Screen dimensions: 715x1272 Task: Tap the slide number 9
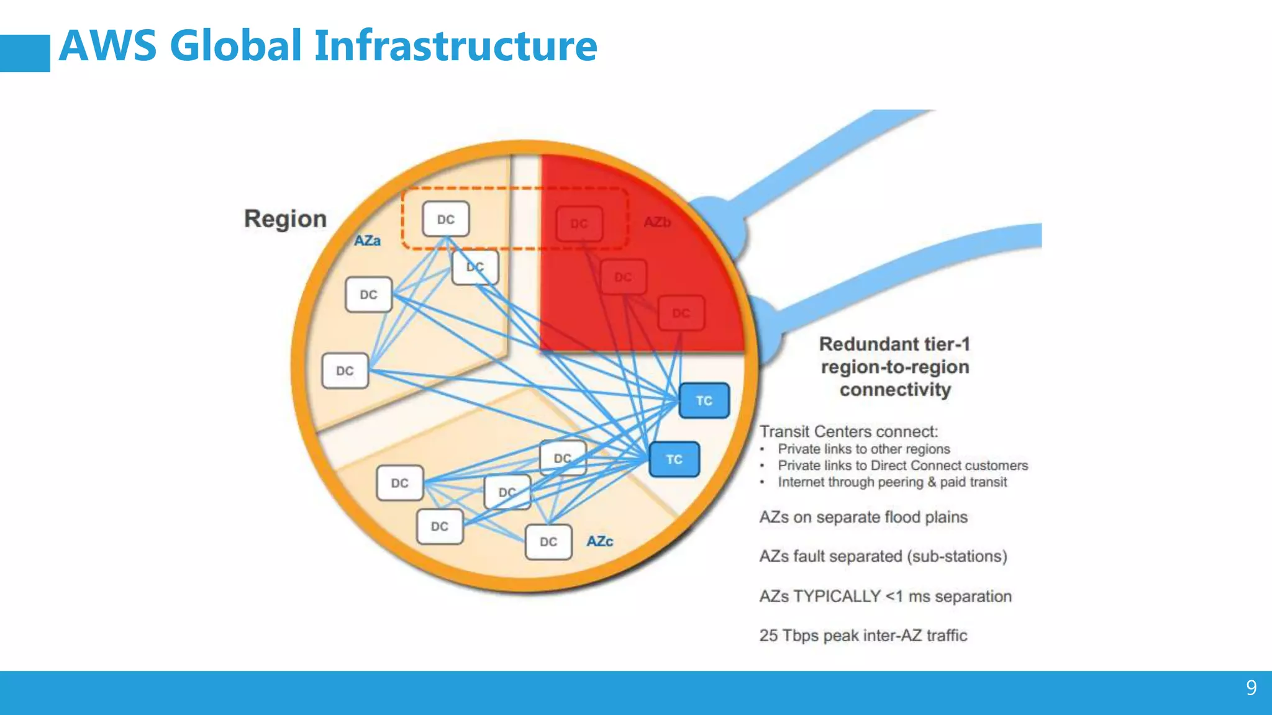(x=1251, y=688)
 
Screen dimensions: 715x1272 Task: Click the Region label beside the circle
(x=285, y=219)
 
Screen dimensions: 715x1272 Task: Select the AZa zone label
(x=367, y=241)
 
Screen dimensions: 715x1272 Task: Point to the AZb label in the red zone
(x=657, y=222)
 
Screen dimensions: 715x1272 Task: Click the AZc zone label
(x=599, y=541)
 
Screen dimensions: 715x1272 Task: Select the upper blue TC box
(x=704, y=401)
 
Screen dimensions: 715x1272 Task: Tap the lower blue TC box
(x=674, y=460)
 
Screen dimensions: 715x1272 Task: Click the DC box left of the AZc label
(x=548, y=542)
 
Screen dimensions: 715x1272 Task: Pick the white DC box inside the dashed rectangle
(x=446, y=219)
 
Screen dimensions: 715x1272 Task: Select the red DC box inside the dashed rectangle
(x=579, y=223)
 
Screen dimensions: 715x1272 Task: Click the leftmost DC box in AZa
(x=345, y=371)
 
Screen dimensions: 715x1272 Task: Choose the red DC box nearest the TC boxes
(x=681, y=313)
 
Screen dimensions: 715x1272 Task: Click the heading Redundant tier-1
(x=894, y=344)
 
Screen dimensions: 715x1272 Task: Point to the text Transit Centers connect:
(x=848, y=431)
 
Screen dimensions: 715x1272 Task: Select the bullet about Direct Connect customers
(x=902, y=465)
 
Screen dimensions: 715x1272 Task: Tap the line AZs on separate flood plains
(x=863, y=517)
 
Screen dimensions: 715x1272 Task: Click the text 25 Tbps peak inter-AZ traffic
(x=863, y=636)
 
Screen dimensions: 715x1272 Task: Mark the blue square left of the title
(x=25, y=53)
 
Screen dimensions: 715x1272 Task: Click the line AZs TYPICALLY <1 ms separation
(x=885, y=596)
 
